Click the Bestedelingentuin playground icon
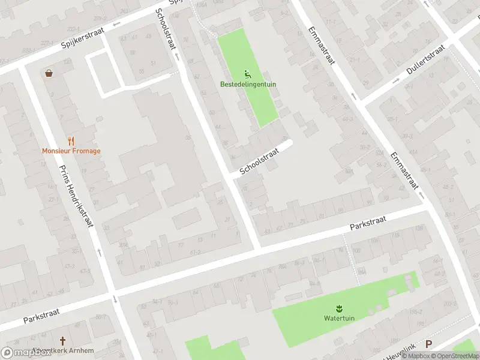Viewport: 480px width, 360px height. (x=248, y=74)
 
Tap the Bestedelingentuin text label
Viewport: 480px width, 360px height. (x=248, y=85)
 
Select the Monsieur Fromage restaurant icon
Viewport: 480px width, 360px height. (x=71, y=141)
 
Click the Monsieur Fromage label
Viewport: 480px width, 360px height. (x=71, y=151)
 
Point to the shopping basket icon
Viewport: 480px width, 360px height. (x=49, y=73)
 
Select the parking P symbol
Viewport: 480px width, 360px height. (x=428, y=344)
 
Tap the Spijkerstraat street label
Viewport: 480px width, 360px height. (x=83, y=37)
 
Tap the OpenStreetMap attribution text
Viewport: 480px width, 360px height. (x=454, y=356)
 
